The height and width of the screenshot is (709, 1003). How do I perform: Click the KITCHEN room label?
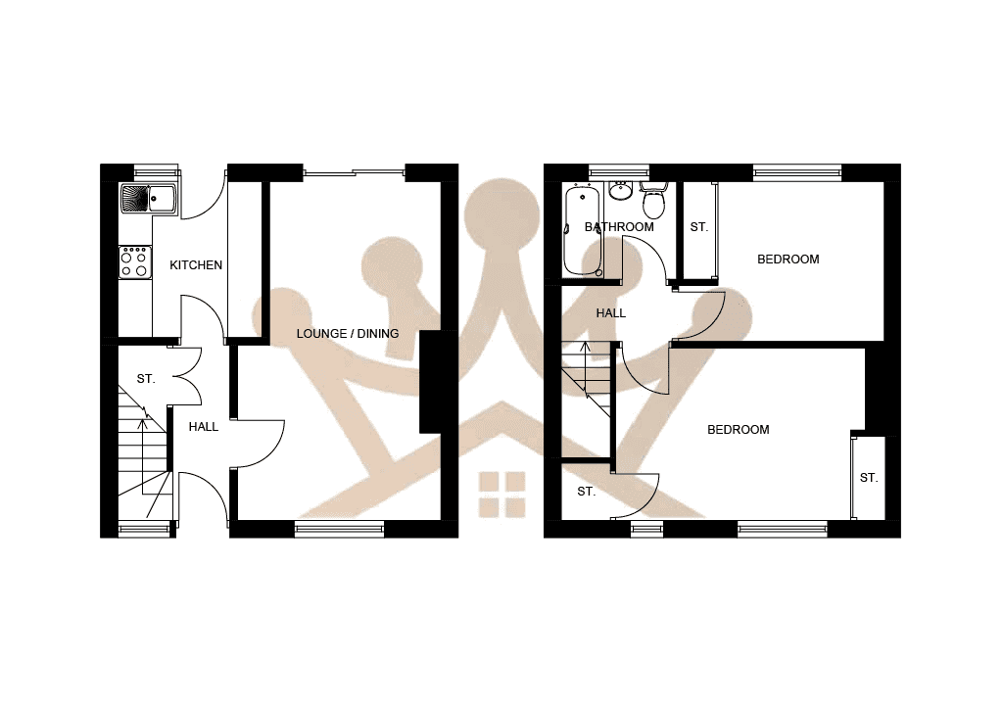pyautogui.click(x=196, y=265)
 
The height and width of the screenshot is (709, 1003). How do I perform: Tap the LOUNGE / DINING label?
pyautogui.click(x=348, y=334)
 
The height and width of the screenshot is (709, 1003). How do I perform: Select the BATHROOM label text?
pyautogui.click(x=619, y=227)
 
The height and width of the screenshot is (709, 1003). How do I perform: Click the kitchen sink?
pyautogui.click(x=146, y=199)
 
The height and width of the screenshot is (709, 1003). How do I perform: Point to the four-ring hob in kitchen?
pyautogui.click(x=135, y=261)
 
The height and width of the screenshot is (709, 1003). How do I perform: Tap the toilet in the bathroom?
pyautogui.click(x=653, y=203)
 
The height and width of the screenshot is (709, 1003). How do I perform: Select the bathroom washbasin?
pyautogui.click(x=619, y=189)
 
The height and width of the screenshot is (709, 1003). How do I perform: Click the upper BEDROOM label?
pyautogui.click(x=788, y=260)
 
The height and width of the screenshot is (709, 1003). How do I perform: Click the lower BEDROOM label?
pyautogui.click(x=739, y=430)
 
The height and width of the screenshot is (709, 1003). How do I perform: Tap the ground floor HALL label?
pyautogui.click(x=204, y=427)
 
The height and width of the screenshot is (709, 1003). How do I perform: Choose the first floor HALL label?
pyautogui.click(x=611, y=313)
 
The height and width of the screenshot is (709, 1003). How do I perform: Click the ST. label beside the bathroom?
pyautogui.click(x=698, y=227)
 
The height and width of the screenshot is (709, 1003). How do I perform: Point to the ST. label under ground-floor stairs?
pyautogui.click(x=146, y=378)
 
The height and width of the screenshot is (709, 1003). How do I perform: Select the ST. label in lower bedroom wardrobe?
pyautogui.click(x=869, y=478)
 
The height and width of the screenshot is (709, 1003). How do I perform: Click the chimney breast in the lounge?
pyautogui.click(x=431, y=382)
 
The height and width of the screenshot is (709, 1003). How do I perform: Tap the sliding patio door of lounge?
pyautogui.click(x=355, y=174)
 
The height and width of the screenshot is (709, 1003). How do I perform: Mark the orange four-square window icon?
pyautogui.click(x=501, y=494)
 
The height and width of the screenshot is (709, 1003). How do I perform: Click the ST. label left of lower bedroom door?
pyautogui.click(x=586, y=492)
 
